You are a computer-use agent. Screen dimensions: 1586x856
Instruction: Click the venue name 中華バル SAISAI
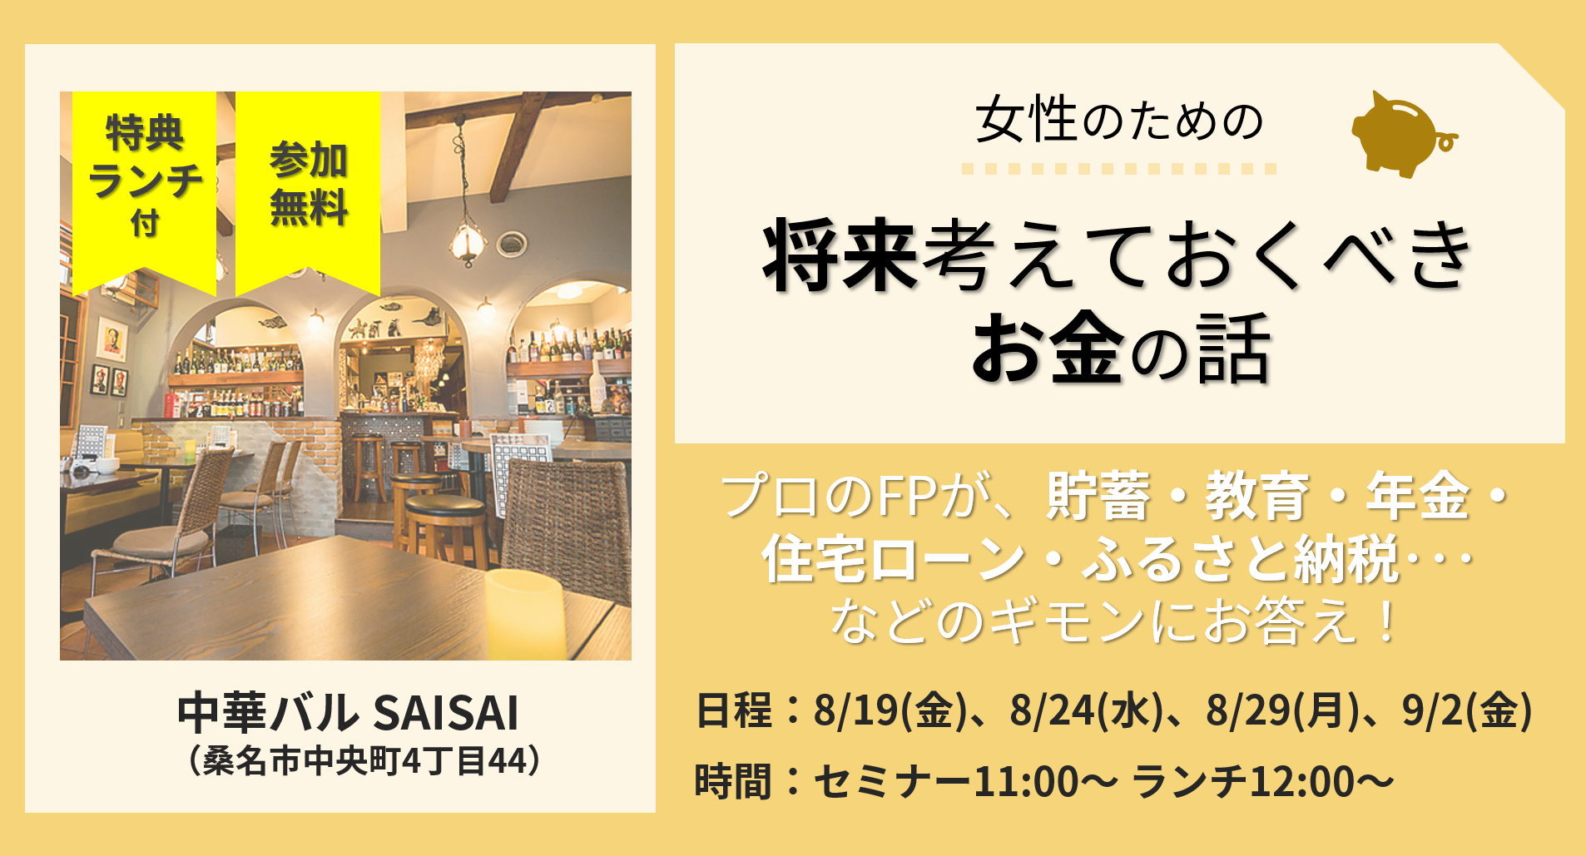pyautogui.click(x=348, y=713)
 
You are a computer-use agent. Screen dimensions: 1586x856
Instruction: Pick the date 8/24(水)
pyautogui.click(x=1086, y=711)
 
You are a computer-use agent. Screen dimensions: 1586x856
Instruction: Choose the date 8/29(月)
pyautogui.click(x=1282, y=711)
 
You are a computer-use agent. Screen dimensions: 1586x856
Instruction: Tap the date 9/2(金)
pyautogui.click(x=1467, y=711)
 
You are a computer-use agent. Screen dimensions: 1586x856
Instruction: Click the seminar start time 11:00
pyautogui.click(x=1026, y=782)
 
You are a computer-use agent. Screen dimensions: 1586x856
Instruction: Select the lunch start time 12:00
pyautogui.click(x=1302, y=782)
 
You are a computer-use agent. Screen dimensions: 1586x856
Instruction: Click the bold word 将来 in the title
pyautogui.click(x=840, y=256)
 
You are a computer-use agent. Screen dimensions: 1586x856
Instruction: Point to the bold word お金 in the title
pyautogui.click(x=1048, y=349)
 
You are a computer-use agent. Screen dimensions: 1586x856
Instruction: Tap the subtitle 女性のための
pyautogui.click(x=1119, y=121)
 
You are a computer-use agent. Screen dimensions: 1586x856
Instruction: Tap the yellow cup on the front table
pyautogui.click(x=524, y=614)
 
